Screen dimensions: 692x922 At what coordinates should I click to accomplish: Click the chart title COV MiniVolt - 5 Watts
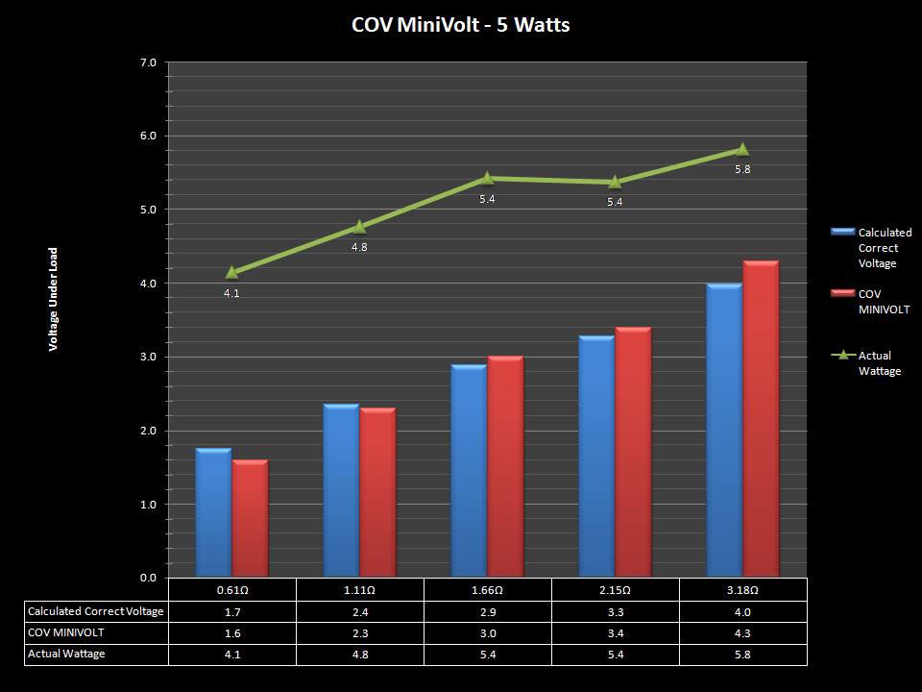[x=461, y=25]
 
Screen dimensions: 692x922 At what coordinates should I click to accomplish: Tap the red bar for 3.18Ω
[x=760, y=419]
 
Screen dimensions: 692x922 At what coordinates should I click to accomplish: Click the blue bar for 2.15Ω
[x=596, y=457]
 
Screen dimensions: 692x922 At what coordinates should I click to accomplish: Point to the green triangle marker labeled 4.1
[x=231, y=272]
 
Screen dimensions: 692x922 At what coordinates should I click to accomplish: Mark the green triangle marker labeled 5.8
[x=742, y=149]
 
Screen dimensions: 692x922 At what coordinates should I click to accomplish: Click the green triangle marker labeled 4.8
[x=359, y=227]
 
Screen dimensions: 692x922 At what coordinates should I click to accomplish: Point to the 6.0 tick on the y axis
[x=148, y=136]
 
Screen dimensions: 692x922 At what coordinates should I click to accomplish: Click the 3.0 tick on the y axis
[x=148, y=358]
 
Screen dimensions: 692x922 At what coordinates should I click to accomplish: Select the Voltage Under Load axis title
[x=54, y=299]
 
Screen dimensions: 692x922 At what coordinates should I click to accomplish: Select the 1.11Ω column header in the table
[x=359, y=589]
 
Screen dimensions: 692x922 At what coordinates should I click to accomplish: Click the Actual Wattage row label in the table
[x=66, y=654]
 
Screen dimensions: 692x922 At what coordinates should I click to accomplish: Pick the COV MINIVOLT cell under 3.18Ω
[x=742, y=632]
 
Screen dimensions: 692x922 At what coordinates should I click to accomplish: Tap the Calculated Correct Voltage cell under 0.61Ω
[x=231, y=611]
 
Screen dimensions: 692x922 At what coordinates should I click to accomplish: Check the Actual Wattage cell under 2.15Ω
[x=615, y=654]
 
